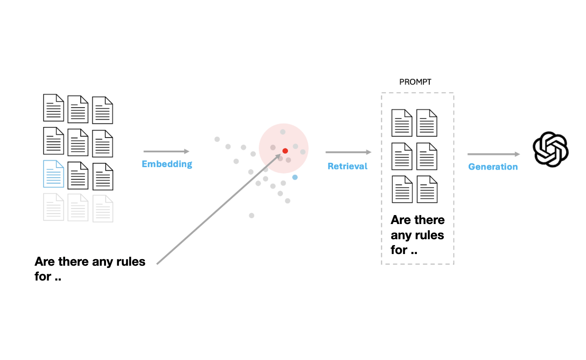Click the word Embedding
point(167,164)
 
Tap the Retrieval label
point(347,166)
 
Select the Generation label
point(493,167)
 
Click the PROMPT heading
point(415,82)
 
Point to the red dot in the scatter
point(285,151)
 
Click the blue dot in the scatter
point(295,177)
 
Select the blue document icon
point(53,174)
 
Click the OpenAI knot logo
point(551,149)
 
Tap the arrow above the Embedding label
point(166,151)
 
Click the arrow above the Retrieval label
point(348,152)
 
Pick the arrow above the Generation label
point(493,154)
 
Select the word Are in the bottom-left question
point(44,261)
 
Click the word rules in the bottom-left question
point(131,261)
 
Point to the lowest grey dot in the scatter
point(252,215)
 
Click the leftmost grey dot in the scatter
point(217,139)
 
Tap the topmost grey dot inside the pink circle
point(283,132)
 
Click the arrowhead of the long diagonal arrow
point(279,156)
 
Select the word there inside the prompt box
point(429,220)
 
